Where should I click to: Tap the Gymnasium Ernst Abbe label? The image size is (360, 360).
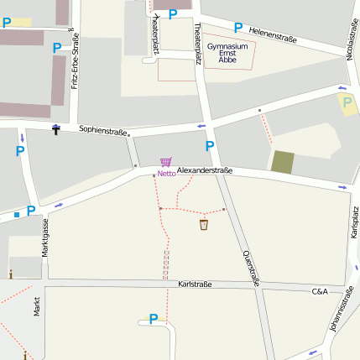point(227,52)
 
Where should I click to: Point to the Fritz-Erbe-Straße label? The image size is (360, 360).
point(76,61)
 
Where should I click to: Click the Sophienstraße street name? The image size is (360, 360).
point(103,131)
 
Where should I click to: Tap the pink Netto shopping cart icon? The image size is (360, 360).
point(165,163)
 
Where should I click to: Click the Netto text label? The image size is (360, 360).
point(165,175)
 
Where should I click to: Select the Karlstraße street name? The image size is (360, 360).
point(195,284)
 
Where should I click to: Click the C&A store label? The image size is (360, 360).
point(320,291)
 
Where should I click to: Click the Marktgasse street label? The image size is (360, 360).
point(46,236)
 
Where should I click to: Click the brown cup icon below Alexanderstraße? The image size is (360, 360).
point(204,225)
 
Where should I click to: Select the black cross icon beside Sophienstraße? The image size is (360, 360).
point(55,129)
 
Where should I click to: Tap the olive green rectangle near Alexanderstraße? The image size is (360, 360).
point(283,162)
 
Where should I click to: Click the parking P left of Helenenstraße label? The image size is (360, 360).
point(238,28)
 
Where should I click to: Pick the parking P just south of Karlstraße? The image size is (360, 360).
point(153,319)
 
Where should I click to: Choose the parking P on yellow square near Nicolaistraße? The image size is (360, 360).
point(347,103)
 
